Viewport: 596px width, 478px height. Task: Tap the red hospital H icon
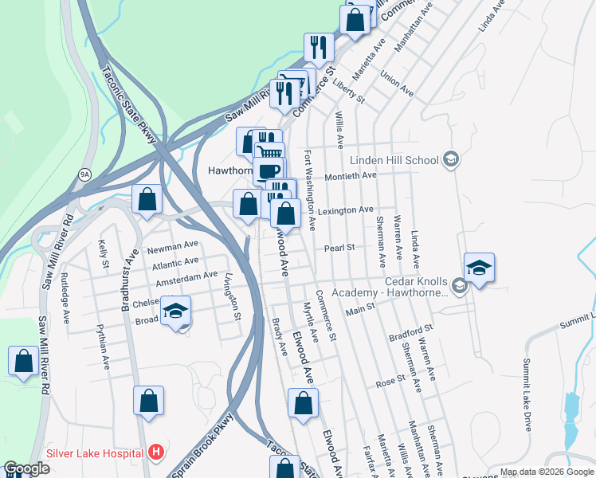coord(157,453)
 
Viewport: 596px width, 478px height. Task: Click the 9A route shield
coord(84,173)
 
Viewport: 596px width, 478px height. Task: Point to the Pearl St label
coord(339,248)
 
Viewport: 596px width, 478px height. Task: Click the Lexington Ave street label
coord(346,210)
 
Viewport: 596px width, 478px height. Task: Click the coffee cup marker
coord(269,170)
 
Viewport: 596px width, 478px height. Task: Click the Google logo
coord(26,469)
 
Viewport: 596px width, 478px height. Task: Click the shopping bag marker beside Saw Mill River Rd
coord(23,361)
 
